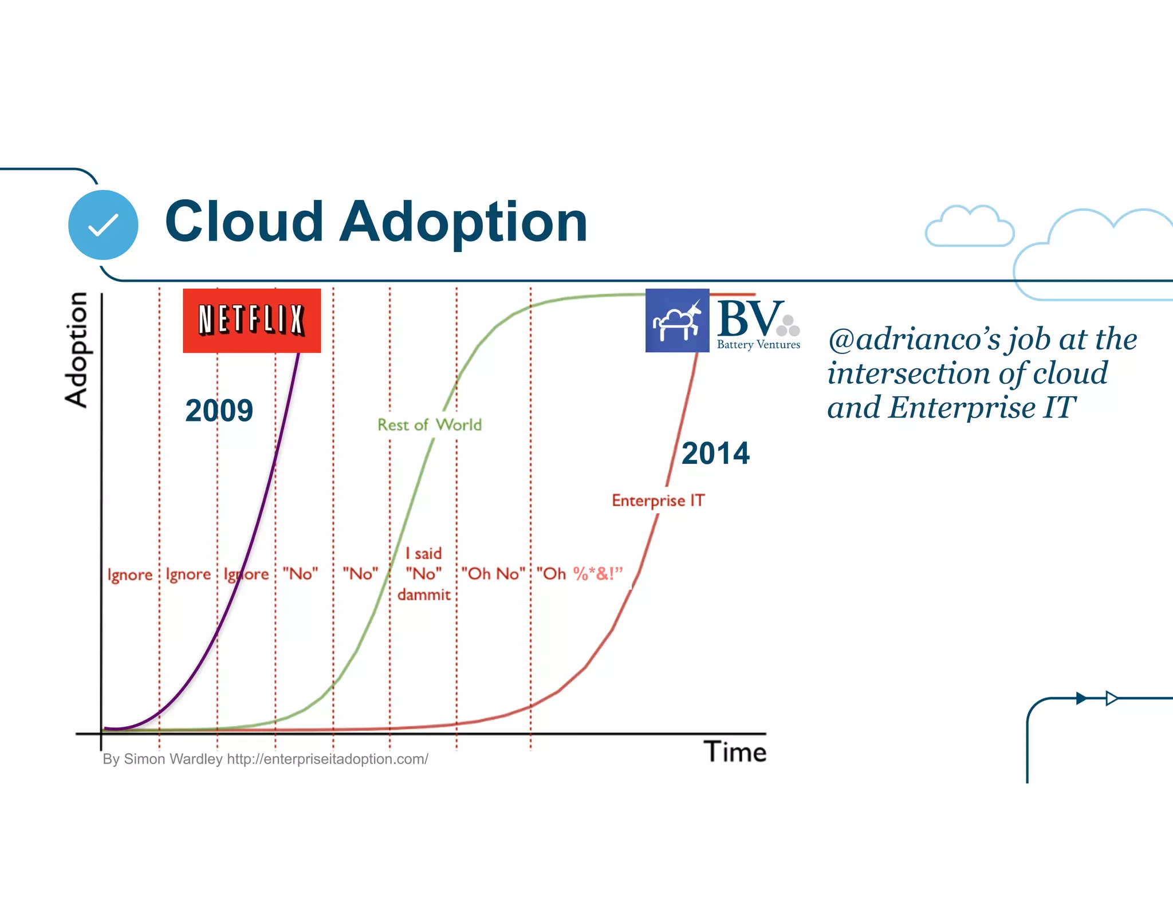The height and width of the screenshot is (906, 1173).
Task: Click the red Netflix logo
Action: point(251,320)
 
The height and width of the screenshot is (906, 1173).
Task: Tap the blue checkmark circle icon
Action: point(103,224)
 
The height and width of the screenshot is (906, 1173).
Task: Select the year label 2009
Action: point(219,410)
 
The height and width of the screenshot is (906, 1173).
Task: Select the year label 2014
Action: point(715,453)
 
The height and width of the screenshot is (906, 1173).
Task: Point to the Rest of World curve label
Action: point(430,424)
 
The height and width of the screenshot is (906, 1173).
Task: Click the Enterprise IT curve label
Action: point(658,501)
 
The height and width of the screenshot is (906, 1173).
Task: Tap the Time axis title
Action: point(735,752)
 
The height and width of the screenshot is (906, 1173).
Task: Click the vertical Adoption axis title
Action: point(76,350)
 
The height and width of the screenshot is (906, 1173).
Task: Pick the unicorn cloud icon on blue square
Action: point(677,321)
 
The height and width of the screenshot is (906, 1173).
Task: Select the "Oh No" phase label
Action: point(493,573)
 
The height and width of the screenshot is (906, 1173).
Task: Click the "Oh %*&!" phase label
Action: point(579,573)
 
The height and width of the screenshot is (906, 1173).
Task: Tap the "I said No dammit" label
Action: point(424,574)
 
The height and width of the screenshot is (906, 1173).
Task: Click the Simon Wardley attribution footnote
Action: point(265,759)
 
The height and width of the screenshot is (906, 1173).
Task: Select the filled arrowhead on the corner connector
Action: point(1081,698)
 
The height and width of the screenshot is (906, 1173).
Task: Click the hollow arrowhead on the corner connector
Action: point(1111,698)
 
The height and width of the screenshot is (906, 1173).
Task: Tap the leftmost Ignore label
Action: point(130,574)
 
